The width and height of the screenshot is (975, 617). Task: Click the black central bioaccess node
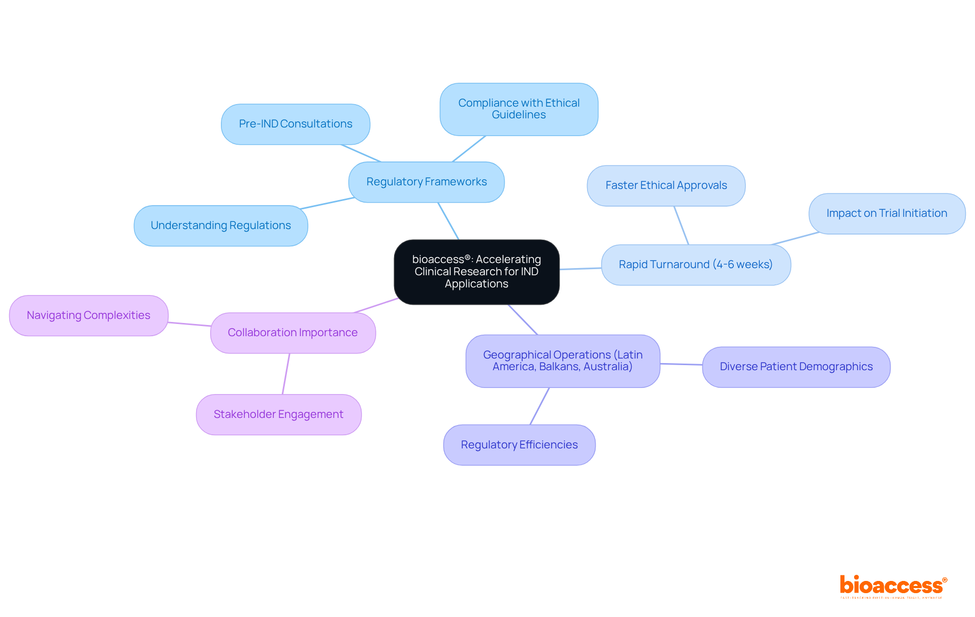476,272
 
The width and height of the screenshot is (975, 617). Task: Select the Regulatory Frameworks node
427,182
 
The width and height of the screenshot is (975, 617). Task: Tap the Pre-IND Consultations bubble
296,124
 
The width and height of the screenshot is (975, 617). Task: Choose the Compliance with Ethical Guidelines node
518,109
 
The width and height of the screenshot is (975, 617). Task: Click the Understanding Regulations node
221,225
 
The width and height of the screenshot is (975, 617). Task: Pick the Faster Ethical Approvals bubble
666,185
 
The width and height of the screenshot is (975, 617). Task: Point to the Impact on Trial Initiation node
887,213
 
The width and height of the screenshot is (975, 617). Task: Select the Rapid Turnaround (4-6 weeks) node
696,265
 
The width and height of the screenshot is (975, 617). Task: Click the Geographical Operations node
563,361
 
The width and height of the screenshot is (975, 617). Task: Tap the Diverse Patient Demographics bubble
796,367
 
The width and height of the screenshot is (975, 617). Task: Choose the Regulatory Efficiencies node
519,445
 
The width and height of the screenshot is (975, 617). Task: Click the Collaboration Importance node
292,333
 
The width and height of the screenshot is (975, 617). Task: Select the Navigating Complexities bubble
88,315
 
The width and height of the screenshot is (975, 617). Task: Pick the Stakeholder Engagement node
278,414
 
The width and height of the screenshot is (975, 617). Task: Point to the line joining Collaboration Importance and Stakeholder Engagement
286,374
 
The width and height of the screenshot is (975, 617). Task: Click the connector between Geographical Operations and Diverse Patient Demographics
681,364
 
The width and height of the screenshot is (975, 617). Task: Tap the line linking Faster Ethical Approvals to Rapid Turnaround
681,225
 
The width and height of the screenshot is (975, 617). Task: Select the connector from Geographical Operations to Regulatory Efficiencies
539,406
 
